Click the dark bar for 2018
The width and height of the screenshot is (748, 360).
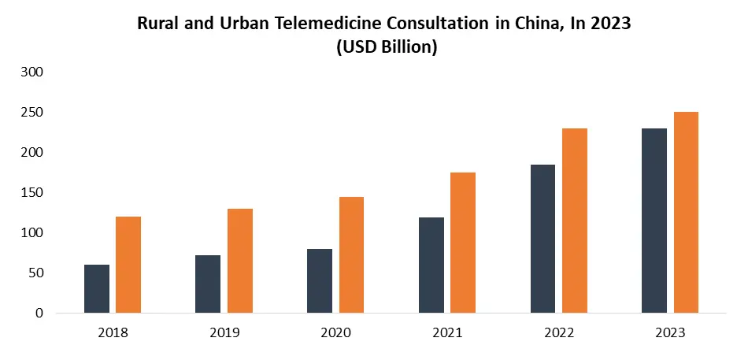coord(97,288)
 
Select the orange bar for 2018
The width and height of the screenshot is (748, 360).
coord(128,265)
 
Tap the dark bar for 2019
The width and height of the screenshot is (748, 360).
coord(208,284)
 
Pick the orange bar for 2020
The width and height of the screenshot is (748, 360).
coord(351,254)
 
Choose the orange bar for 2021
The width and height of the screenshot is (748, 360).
coord(463,243)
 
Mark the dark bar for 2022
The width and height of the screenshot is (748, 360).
coord(542,239)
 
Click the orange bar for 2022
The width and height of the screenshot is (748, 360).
coord(575,221)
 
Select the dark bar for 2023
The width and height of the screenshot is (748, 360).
coord(654,221)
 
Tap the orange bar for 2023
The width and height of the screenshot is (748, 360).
coord(686,213)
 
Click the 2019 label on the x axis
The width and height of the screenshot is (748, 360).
coord(225,333)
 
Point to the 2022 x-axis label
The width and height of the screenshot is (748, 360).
coord(560,333)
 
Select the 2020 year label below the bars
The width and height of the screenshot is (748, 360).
coord(336,333)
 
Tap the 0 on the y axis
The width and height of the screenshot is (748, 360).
coord(39,313)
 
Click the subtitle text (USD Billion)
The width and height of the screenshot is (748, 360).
coord(386,46)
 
